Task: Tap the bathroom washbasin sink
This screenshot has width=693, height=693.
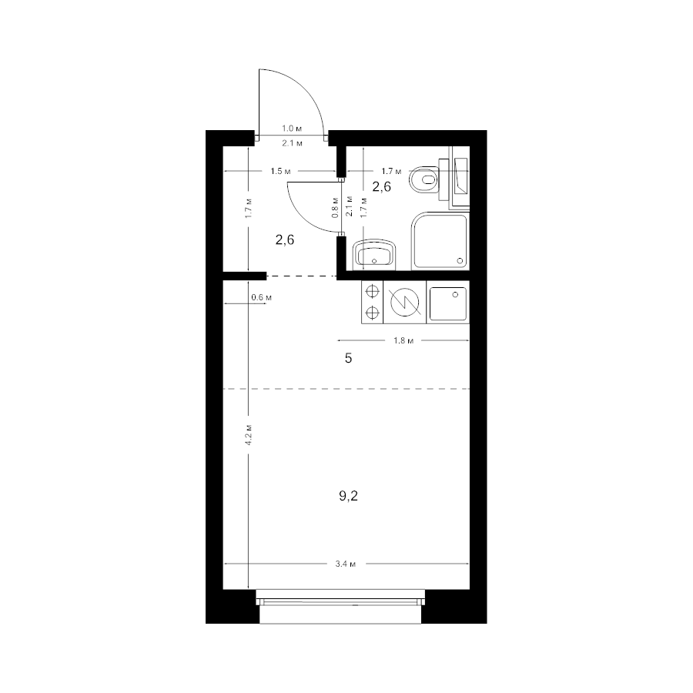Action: (375, 255)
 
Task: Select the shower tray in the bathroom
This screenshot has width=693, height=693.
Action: (440, 241)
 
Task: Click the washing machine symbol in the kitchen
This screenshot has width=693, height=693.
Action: (405, 303)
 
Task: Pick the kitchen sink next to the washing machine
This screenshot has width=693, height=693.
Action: (447, 303)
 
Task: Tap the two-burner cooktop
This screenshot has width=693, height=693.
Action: (373, 303)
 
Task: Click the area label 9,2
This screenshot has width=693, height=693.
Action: (348, 497)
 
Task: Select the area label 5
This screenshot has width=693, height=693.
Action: (348, 358)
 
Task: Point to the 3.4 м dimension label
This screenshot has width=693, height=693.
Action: (346, 564)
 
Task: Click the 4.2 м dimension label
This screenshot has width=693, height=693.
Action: (249, 434)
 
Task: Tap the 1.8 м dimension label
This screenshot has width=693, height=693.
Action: (403, 341)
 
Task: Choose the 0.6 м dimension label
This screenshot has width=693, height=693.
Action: (261, 297)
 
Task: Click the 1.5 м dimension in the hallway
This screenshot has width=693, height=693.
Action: (280, 171)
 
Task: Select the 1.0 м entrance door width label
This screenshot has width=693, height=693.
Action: (292, 129)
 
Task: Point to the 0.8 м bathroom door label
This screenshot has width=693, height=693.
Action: (335, 207)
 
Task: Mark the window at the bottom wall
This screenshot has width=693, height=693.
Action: (340, 607)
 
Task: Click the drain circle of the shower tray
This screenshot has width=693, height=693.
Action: (460, 261)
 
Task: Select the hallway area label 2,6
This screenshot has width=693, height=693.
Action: (285, 240)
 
